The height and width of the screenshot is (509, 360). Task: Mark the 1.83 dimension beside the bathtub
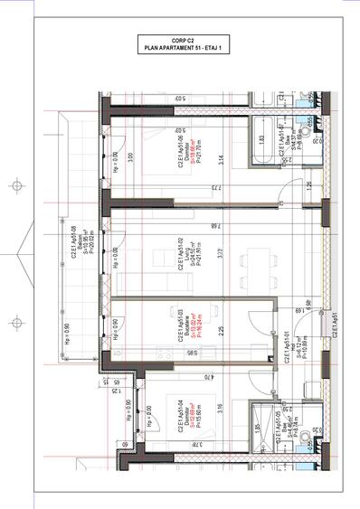point(260,140)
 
